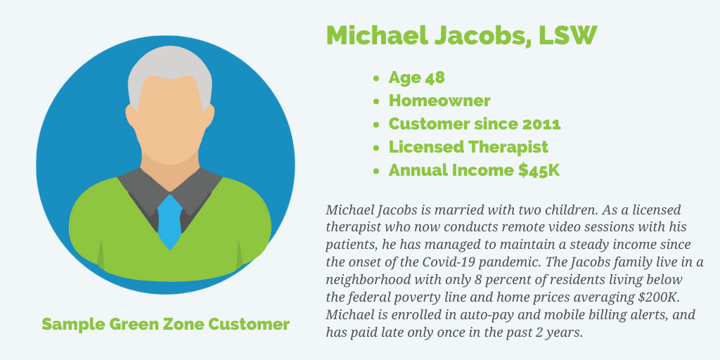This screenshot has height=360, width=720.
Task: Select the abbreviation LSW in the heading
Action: click(x=567, y=35)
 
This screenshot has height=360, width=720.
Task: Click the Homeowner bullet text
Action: click(x=439, y=101)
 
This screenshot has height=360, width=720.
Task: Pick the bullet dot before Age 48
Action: click(x=377, y=78)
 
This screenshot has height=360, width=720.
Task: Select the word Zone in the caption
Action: click(x=184, y=324)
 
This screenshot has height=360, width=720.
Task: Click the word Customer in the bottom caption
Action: click(x=249, y=324)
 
